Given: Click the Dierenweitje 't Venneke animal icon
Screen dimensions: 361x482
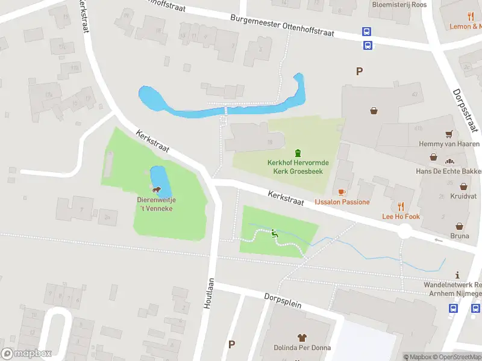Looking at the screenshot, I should pyautogui.click(x=157, y=191).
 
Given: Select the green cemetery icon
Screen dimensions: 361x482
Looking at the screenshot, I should pyautogui.click(x=297, y=153).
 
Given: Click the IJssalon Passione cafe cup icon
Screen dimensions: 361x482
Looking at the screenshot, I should pyautogui.click(x=342, y=192).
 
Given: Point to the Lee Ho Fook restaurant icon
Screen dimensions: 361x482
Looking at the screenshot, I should pyautogui.click(x=401, y=206).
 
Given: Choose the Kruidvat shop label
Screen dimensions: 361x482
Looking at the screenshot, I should pyautogui.click(x=463, y=197).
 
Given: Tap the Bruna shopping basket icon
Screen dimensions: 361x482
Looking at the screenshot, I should pyautogui.click(x=460, y=226).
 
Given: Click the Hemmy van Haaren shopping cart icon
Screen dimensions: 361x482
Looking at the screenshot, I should pyautogui.click(x=449, y=134).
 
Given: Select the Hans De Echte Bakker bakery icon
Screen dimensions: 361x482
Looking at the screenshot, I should pyautogui.click(x=449, y=161).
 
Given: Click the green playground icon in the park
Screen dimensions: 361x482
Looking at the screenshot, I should pyautogui.click(x=274, y=233).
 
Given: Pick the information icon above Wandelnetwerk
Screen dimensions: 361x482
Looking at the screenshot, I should pyautogui.click(x=457, y=274).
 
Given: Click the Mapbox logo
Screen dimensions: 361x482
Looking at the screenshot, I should pyautogui.click(x=27, y=354).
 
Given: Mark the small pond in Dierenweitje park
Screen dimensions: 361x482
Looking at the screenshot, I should pyautogui.click(x=160, y=177).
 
